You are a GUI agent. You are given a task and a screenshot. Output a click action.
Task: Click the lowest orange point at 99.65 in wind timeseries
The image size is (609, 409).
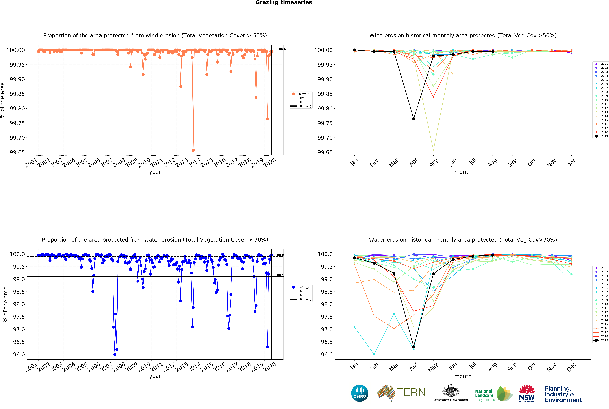click(193, 150)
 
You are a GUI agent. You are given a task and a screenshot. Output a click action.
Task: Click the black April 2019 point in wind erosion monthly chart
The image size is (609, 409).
click(413, 119)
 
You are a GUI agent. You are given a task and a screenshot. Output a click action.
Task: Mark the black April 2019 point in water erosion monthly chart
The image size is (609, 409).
click(413, 347)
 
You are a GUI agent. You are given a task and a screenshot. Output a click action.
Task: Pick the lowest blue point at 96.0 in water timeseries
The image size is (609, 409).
click(115, 354)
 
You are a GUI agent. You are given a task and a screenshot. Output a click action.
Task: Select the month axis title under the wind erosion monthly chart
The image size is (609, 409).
click(463, 172)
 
